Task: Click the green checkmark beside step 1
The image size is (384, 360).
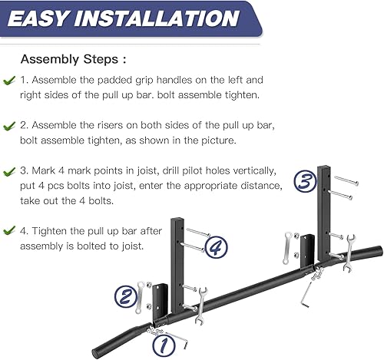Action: [x=9, y=80]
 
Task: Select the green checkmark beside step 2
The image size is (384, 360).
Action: [x=9, y=124]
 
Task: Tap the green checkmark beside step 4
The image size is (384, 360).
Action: [x=9, y=229]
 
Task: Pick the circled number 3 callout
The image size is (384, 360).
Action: [x=305, y=182]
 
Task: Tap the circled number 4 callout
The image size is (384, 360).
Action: [x=217, y=247]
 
